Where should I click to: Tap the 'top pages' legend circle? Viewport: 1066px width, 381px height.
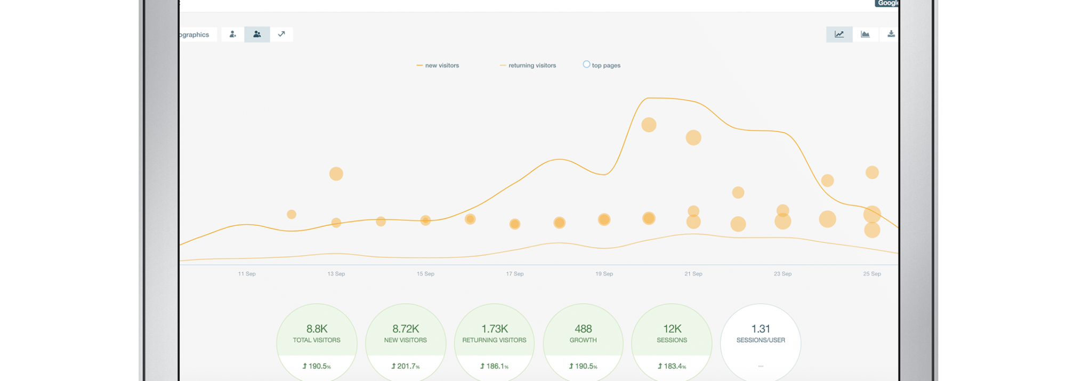pyautogui.click(x=586, y=64)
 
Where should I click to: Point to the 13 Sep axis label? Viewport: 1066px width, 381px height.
pyautogui.click(x=336, y=274)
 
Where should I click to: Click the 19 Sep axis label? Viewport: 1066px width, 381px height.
pyautogui.click(x=604, y=274)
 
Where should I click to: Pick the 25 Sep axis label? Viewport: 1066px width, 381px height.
pyautogui.click(x=872, y=274)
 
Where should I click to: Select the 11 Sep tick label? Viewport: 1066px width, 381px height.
pyautogui.click(x=247, y=274)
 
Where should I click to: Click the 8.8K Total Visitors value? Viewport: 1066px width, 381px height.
pyautogui.click(x=317, y=329)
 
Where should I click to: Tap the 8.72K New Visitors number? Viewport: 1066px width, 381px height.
pyautogui.click(x=406, y=329)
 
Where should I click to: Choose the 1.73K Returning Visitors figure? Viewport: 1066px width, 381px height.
pyautogui.click(x=495, y=329)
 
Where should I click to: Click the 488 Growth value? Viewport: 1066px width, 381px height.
pyautogui.click(x=583, y=329)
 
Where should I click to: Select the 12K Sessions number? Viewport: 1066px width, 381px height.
pyautogui.click(x=672, y=329)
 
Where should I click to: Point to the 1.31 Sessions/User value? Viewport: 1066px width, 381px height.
pyautogui.click(x=761, y=329)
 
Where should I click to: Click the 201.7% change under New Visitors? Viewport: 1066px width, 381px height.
pyautogui.click(x=406, y=366)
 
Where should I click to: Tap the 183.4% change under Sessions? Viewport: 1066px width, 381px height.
pyautogui.click(x=672, y=366)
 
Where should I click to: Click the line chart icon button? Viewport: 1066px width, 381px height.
pyautogui.click(x=839, y=34)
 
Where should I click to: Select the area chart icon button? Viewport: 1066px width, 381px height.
pyautogui.click(x=865, y=34)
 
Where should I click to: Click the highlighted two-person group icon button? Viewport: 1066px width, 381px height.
pyautogui.click(x=257, y=34)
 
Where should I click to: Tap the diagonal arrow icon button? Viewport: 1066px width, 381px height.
pyautogui.click(x=281, y=34)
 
